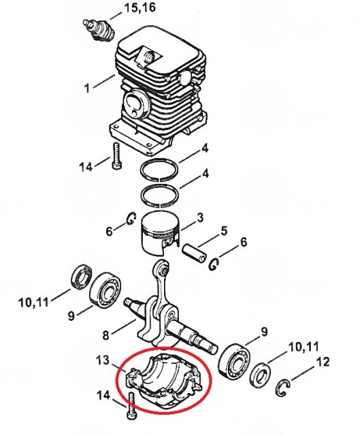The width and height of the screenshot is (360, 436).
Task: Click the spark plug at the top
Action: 99,30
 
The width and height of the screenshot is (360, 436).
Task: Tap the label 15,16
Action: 140,7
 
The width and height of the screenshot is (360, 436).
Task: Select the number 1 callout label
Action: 87,88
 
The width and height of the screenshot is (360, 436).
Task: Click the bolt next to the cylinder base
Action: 116,155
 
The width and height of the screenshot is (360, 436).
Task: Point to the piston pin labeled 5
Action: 194,252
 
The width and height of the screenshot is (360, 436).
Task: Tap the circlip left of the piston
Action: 131,219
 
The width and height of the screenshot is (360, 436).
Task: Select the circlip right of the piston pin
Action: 214,264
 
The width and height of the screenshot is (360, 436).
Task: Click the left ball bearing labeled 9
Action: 105,289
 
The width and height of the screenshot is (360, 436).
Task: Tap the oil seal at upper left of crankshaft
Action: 82,277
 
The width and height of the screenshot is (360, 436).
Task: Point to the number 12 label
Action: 323,362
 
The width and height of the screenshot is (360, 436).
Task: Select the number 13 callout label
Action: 103,360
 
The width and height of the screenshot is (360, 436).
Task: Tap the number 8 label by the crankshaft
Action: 105,335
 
